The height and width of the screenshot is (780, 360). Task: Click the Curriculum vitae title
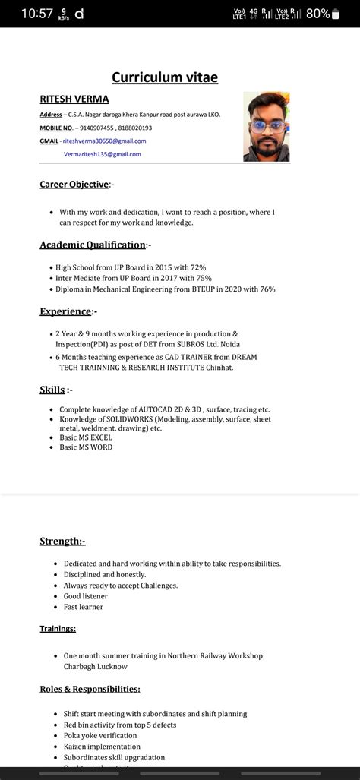click(x=165, y=77)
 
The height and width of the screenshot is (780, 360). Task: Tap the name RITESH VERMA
click(x=74, y=99)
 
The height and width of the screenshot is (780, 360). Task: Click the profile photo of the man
click(x=266, y=127)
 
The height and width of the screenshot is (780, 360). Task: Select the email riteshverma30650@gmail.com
click(x=104, y=141)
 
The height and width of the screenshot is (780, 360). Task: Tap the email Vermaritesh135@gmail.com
click(x=102, y=154)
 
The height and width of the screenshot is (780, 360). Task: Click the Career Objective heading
click(x=74, y=184)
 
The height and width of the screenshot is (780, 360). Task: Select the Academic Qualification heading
click(x=93, y=245)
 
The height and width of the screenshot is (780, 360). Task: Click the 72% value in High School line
click(x=198, y=267)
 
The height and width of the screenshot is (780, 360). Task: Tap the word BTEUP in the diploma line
click(x=214, y=289)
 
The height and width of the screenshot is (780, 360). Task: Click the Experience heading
click(x=65, y=311)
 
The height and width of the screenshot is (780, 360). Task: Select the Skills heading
click(x=52, y=390)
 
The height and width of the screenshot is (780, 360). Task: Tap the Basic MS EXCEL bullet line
click(x=86, y=438)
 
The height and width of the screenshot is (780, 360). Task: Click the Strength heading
click(x=62, y=541)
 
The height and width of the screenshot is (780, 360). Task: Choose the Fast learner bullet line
click(x=84, y=607)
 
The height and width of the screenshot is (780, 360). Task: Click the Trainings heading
click(x=58, y=628)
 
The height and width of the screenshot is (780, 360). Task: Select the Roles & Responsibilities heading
click(x=90, y=689)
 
